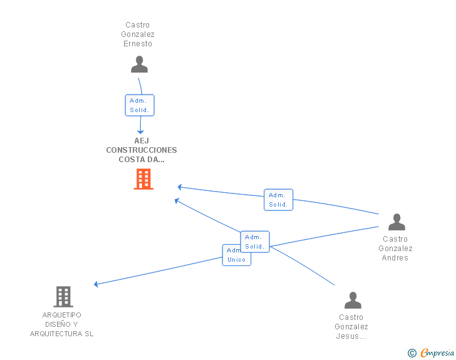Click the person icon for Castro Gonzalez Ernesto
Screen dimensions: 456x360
(x=139, y=64)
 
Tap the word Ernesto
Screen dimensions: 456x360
(x=138, y=44)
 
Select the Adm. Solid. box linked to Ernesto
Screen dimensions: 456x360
(x=140, y=105)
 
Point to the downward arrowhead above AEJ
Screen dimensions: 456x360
(x=140, y=132)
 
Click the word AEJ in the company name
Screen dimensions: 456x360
(x=142, y=141)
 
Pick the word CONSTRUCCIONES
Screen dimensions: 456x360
(x=142, y=150)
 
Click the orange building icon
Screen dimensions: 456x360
(x=143, y=179)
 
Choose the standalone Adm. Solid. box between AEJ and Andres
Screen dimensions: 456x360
(x=278, y=200)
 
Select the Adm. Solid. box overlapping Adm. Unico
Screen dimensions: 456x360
(x=255, y=242)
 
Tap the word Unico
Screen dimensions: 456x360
(x=236, y=260)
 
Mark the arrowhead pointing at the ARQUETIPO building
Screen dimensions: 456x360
(x=96, y=284)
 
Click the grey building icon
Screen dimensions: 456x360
(x=63, y=297)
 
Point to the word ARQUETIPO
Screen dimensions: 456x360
(x=61, y=315)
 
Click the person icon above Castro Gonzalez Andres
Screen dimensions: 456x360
(x=396, y=222)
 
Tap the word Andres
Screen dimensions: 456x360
(x=395, y=258)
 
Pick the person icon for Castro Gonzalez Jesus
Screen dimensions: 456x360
(x=353, y=300)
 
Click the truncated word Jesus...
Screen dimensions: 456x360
(x=351, y=336)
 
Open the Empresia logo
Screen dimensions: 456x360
(x=437, y=352)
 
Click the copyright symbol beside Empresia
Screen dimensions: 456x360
(x=412, y=353)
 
